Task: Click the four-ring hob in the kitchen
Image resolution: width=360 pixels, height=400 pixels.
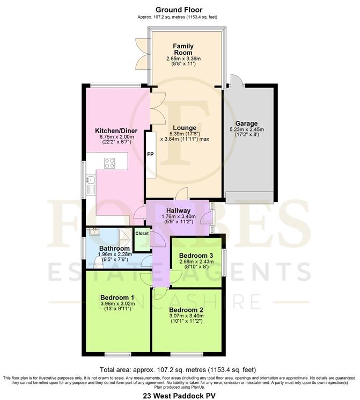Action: [x=111, y=163]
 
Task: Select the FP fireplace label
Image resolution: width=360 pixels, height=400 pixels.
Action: [x=150, y=155]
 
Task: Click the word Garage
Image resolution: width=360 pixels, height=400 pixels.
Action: [x=245, y=123]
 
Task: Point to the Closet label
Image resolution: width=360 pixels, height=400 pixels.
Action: [x=142, y=234]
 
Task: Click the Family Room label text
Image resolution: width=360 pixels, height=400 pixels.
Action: [x=183, y=50]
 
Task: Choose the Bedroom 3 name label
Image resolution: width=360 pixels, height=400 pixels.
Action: [x=192, y=255]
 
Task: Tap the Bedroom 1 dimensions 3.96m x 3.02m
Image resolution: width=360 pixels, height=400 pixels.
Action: [x=116, y=304]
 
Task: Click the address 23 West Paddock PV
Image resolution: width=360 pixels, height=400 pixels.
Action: [x=179, y=395]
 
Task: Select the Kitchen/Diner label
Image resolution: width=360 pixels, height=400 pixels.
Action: [x=116, y=130]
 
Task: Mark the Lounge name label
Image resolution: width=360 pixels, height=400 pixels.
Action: [x=184, y=127]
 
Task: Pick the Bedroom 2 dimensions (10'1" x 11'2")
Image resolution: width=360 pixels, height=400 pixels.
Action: [x=185, y=322]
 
